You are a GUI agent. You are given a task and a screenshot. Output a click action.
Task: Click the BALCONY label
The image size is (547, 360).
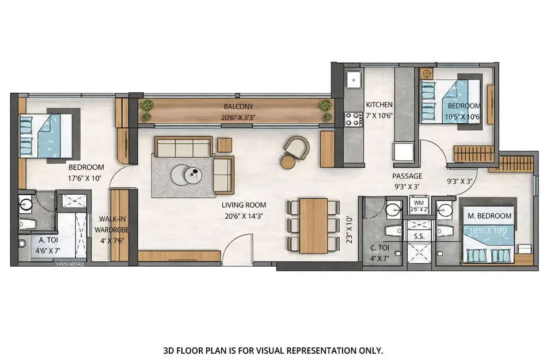pos(239,107)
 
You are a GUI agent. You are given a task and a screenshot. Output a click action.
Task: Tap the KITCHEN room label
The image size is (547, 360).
pos(379,105)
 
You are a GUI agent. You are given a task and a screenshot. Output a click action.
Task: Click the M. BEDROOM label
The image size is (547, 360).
pos(489,216)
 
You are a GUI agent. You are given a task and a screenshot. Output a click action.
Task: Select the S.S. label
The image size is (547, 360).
pos(419,237)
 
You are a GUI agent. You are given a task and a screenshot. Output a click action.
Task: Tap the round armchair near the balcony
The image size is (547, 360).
pos(295,151)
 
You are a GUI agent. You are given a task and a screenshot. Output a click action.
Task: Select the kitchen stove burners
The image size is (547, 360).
pos(352,119)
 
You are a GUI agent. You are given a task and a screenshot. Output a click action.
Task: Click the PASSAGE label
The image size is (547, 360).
pos(408,176)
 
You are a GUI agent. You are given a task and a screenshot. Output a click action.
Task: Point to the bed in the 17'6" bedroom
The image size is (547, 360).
pos(46,135)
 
